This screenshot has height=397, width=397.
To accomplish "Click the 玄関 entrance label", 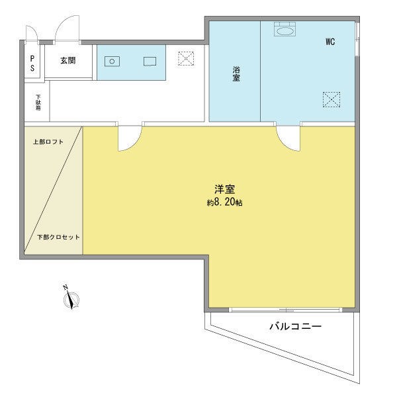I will pyautogui.click(x=67, y=61).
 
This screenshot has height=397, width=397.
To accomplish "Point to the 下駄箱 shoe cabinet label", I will pyautogui.click(x=38, y=103).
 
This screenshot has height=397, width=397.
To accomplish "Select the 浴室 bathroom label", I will pyautogui.click(x=236, y=73).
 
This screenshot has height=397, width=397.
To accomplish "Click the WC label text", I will pyautogui.click(x=330, y=42).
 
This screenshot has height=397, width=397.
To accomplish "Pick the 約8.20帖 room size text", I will pyautogui.click(x=224, y=203).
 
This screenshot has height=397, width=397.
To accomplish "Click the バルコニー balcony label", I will pyautogui.click(x=295, y=326).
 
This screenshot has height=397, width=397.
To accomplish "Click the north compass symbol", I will pyautogui.click(x=70, y=299).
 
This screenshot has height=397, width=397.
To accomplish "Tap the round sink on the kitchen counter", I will pyautogui.click(x=112, y=62).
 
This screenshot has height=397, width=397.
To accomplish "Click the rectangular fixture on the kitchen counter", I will pyautogui.click(x=150, y=62).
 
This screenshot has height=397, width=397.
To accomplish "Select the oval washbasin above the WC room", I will pyautogui.click(x=285, y=30).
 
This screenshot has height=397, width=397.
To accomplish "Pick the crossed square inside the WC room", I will pyautogui.click(x=331, y=99).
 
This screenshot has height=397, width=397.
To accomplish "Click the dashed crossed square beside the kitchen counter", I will pyautogui.click(x=186, y=59).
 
